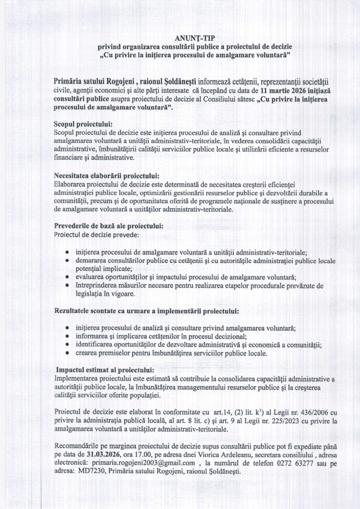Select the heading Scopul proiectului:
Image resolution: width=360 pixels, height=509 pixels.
(x=83, y=123)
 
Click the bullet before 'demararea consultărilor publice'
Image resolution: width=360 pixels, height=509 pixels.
(x=67, y=260)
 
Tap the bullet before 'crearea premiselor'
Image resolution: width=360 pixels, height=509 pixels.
(x=67, y=354)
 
